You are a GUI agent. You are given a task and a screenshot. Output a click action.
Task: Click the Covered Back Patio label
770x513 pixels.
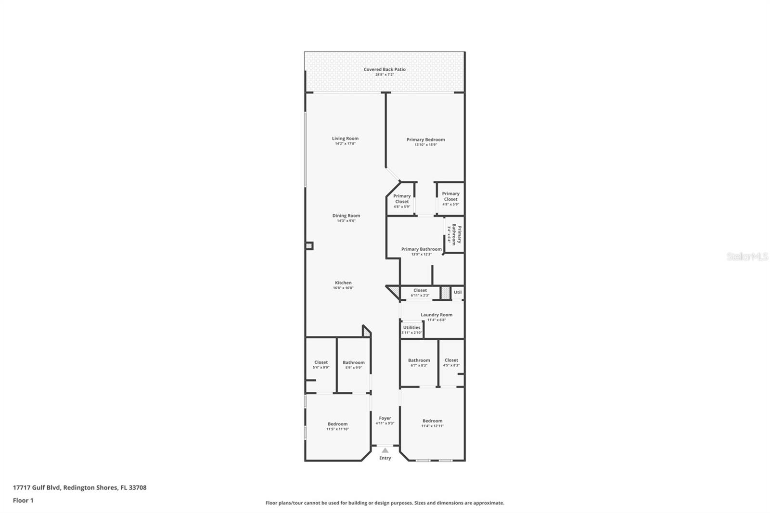(385, 69)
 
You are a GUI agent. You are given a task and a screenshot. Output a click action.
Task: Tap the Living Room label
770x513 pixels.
(345, 139)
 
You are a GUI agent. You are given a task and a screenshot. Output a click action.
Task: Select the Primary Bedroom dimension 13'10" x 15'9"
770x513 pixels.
(425, 145)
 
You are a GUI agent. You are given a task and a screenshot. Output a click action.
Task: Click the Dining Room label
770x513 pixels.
(346, 216)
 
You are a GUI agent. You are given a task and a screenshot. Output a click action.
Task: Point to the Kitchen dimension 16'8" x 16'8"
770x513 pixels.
(343, 288)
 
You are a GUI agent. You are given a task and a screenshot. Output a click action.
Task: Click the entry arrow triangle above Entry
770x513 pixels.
(385, 450)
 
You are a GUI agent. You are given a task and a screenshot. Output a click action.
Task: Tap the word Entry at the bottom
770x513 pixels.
(385, 458)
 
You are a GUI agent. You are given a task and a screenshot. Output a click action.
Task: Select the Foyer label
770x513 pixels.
(385, 418)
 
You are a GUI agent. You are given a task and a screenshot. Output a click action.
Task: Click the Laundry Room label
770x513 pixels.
(436, 315)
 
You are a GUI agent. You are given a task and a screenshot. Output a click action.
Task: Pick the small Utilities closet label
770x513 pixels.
(411, 328)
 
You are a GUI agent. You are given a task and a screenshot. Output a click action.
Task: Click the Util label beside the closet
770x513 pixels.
(458, 292)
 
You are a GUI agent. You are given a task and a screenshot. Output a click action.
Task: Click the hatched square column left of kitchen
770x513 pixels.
(309, 246)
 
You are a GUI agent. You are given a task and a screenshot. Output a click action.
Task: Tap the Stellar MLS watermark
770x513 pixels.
(747, 257)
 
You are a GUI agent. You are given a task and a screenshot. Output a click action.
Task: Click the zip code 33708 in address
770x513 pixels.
(138, 487)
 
